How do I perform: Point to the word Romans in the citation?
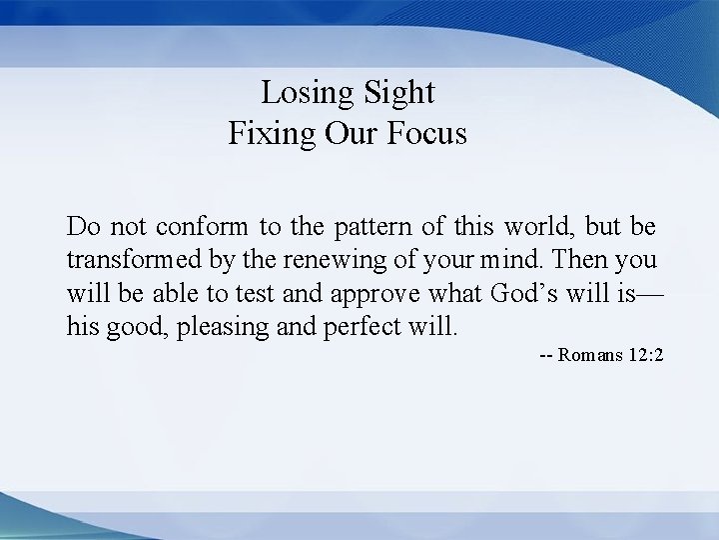point(593,356)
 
